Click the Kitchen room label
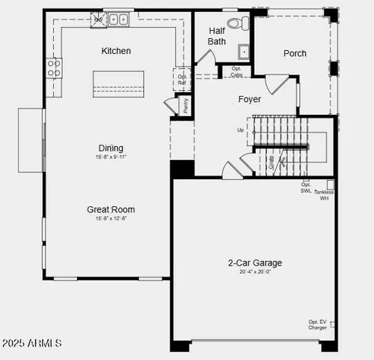coord(116,51)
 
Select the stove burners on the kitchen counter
coord(54,67)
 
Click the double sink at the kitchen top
coord(118,19)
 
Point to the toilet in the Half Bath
coord(235,23)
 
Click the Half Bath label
coord(217,36)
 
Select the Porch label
coord(295,53)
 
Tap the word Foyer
coord(250,99)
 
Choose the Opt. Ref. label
coord(183,79)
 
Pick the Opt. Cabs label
coord(236,73)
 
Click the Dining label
coord(110,148)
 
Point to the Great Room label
coord(111,209)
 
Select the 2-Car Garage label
coord(255,263)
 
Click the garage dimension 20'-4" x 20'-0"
coord(255,272)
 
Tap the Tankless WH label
coord(325,195)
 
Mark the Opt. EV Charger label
coord(317,325)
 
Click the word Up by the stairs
coord(241,130)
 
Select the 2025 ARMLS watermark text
coord(31,343)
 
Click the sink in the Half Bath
coord(244,51)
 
